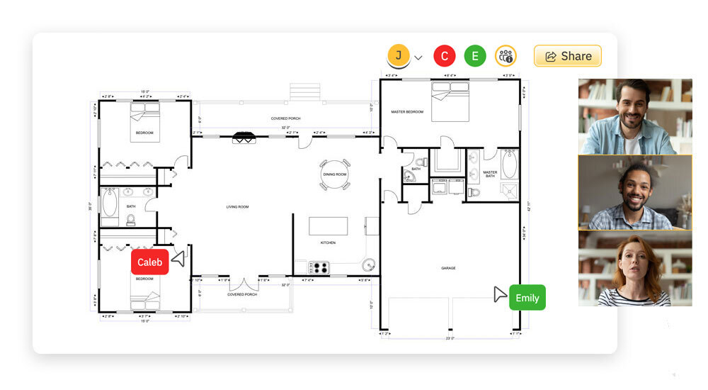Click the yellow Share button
567,56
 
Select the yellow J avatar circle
399,55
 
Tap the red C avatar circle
444,56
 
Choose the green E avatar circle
475,56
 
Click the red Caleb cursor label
150,262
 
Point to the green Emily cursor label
527,298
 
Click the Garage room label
448,268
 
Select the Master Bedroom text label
407,112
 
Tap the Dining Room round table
335,174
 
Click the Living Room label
237,207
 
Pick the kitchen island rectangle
328,225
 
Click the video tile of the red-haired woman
634,269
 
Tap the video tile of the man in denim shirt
634,116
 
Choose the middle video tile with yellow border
634,192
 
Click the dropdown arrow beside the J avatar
418,57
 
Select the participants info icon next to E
506,56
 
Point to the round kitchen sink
368,265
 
